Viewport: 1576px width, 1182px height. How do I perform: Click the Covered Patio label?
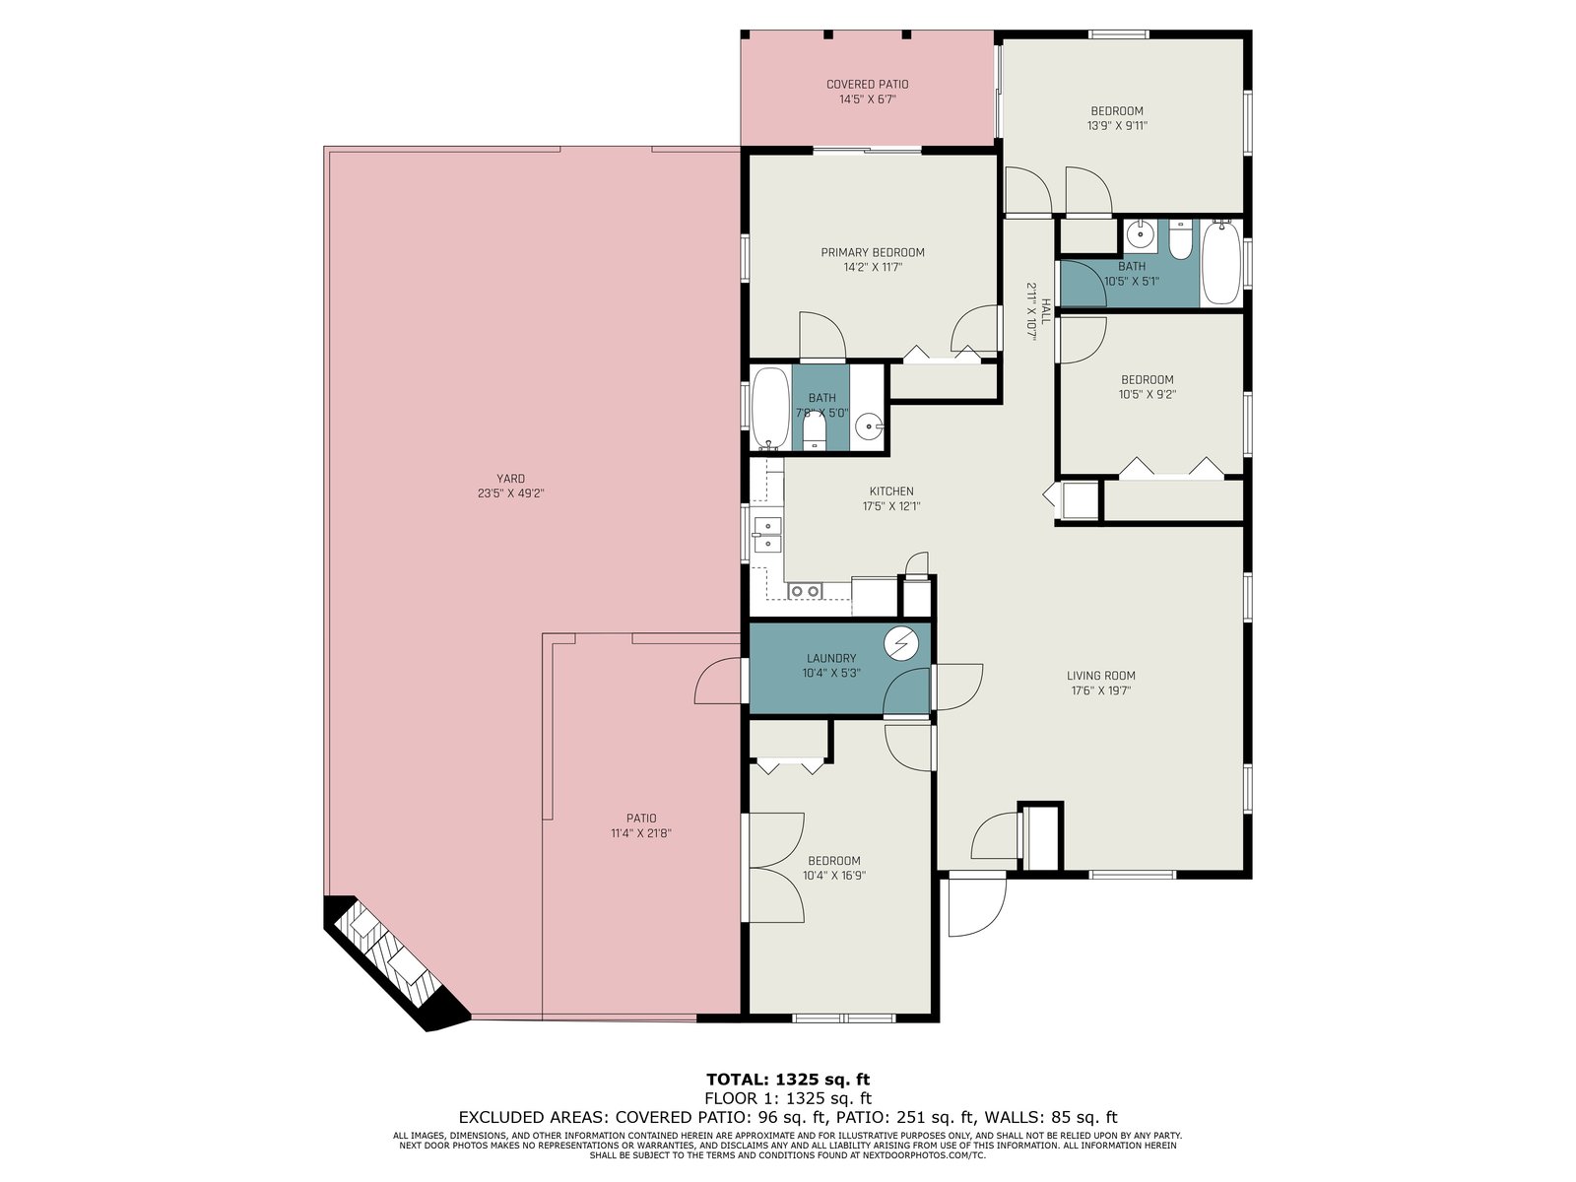pyautogui.click(x=867, y=85)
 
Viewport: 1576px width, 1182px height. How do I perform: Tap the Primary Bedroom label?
pyautogui.click(x=873, y=252)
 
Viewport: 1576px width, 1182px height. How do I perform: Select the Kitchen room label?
pyautogui.click(x=891, y=492)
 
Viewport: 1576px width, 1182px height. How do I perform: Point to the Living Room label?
pyautogui.click(x=1100, y=676)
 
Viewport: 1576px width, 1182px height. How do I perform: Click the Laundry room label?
pyautogui.click(x=830, y=658)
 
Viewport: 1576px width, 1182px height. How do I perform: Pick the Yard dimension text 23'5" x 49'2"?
pyautogui.click(x=510, y=493)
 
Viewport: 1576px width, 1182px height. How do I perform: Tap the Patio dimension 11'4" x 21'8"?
pyautogui.click(x=641, y=833)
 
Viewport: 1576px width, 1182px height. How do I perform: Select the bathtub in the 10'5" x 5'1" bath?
pyautogui.click(x=1220, y=263)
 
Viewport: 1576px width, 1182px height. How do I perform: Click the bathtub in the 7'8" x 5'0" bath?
pyautogui.click(x=769, y=409)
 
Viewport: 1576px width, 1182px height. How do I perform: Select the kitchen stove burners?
pyautogui.click(x=805, y=591)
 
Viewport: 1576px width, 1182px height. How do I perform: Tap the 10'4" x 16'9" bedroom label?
pyautogui.click(x=833, y=868)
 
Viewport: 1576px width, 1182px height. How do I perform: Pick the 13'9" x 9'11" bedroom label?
pyautogui.click(x=1116, y=118)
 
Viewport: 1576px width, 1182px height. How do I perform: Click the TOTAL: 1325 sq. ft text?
pyautogui.click(x=788, y=1080)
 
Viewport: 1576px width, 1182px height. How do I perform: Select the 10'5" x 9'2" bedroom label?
pyautogui.click(x=1147, y=387)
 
